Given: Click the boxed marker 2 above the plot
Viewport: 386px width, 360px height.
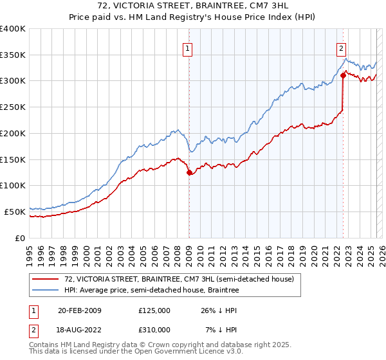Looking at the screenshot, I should tap(340, 47).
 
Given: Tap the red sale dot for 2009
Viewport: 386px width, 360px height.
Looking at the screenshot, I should tap(189, 172).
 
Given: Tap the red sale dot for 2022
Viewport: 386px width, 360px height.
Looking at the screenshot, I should tap(343, 75).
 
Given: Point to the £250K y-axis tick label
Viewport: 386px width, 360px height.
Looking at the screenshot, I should tap(13, 107).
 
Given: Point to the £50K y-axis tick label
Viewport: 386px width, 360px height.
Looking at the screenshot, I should tap(15, 212).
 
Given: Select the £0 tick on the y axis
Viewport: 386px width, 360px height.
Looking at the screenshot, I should tap(21, 238).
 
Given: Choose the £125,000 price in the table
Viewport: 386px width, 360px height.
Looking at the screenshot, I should tap(154, 310).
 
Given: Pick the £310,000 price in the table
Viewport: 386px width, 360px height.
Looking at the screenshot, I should tap(154, 330).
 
